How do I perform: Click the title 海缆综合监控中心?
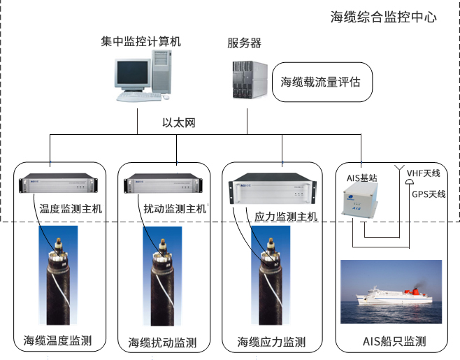pos(383,17)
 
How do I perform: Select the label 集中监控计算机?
pos(141,42)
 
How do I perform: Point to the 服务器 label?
pos(244,43)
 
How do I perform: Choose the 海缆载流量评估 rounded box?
pos(320,82)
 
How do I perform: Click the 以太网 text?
pos(178,123)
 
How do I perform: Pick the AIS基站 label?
pos(361,179)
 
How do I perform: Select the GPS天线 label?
pos(427,194)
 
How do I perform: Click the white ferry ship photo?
pos(390,292)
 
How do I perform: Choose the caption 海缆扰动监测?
pos(162,343)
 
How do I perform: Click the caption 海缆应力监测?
pos(271,342)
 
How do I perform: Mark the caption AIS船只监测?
pos(394,342)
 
